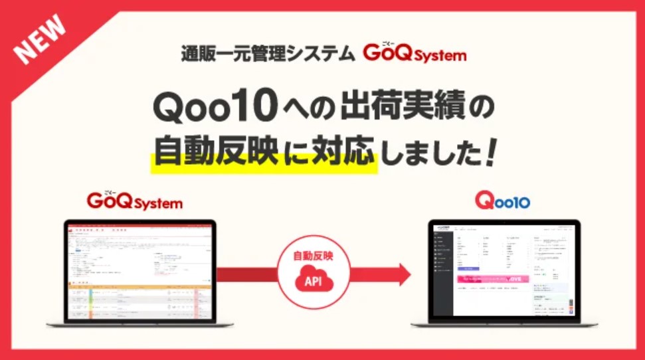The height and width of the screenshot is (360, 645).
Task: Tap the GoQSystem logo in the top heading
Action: pyautogui.click(x=415, y=53)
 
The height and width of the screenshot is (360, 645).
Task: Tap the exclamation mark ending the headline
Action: pyautogui.click(x=491, y=152)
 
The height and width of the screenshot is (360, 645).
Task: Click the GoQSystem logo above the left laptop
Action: pyautogui.click(x=134, y=201)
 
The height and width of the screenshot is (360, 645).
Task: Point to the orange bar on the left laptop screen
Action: pyautogui.click(x=139, y=286)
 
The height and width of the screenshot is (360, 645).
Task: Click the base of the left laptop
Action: pyautogui.click(x=139, y=324)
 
